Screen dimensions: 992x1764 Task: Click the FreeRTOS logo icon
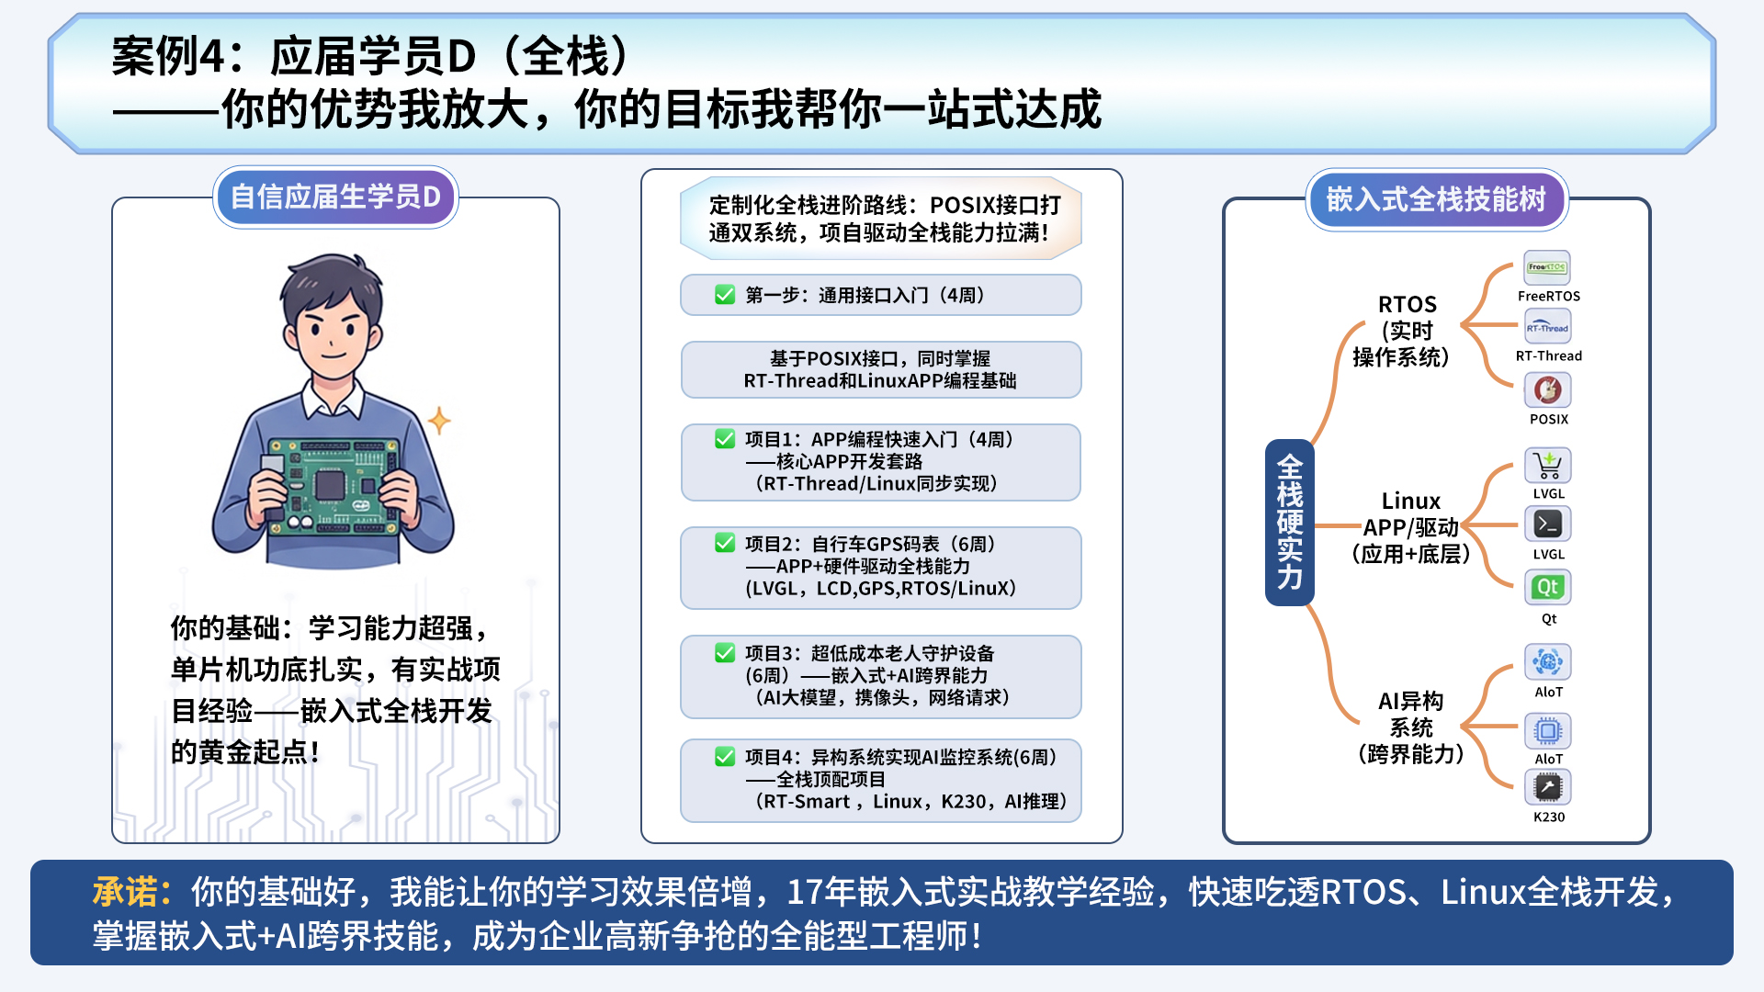(x=1547, y=268)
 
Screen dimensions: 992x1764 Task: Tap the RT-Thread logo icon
(x=1547, y=328)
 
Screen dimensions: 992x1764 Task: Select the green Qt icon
(x=1548, y=587)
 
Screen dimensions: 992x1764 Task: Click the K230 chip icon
(x=1548, y=787)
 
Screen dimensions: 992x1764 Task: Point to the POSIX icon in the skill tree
(x=1548, y=390)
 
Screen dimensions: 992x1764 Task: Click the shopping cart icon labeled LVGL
(x=1548, y=465)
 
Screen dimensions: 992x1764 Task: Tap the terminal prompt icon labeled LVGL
(x=1548, y=524)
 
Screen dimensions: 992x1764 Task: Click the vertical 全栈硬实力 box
(x=1289, y=523)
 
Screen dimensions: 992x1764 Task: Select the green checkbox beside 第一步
(x=725, y=295)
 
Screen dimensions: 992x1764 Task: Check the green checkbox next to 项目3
(x=725, y=653)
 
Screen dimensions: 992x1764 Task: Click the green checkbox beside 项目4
(x=725, y=757)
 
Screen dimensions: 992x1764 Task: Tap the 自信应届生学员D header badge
(x=335, y=197)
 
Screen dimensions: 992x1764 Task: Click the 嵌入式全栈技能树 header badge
(x=1436, y=199)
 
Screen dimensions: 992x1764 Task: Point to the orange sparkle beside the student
(x=439, y=421)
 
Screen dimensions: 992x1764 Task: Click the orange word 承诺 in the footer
(x=131, y=892)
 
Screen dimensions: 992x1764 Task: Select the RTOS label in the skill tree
(x=1407, y=305)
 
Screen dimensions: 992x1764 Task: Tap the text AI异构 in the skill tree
(x=1410, y=702)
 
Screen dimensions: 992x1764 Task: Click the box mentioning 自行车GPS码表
(x=880, y=567)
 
